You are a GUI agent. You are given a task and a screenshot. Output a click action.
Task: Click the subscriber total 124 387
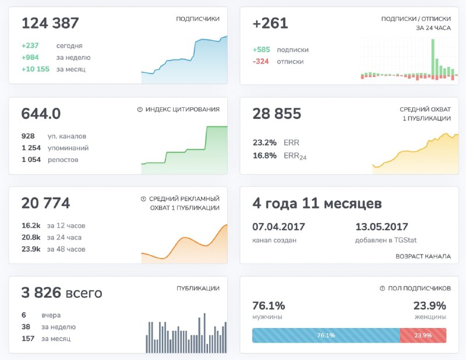[50, 24]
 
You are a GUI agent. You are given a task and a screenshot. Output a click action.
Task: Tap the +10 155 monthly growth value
[37, 69]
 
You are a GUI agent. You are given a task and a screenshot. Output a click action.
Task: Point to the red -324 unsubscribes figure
[261, 62]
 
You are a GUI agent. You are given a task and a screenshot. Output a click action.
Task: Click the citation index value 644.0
[41, 114]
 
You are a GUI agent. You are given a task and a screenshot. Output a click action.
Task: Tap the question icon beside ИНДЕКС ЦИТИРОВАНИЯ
[140, 110]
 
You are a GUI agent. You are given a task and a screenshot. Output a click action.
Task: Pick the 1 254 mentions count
[31, 148]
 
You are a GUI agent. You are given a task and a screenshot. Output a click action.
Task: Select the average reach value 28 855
[277, 114]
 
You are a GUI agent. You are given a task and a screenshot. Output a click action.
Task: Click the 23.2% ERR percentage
[264, 142]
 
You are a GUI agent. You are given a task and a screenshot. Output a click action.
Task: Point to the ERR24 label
[295, 156]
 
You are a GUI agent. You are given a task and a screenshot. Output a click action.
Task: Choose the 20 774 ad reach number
[45, 203]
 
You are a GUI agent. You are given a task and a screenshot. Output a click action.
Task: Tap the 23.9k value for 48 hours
[31, 249]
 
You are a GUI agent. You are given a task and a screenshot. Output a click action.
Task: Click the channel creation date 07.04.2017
[278, 227]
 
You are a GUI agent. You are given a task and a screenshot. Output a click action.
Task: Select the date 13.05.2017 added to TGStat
[382, 227]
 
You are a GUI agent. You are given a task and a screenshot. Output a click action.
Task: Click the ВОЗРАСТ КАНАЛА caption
[423, 256]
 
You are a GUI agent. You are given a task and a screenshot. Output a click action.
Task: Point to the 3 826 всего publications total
[62, 293]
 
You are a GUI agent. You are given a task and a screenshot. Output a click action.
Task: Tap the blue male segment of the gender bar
[326, 336]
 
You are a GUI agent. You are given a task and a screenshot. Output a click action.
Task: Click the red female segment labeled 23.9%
[423, 336]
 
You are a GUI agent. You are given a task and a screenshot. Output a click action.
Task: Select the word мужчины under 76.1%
[267, 317]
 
